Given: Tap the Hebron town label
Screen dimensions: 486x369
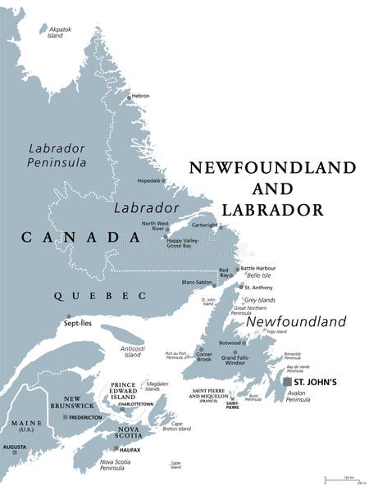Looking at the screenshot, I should pyautogui.click(x=140, y=96).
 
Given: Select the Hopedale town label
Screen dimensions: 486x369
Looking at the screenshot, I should pyautogui.click(x=149, y=180).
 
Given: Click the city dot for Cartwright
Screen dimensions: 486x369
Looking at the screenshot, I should pyautogui.click(x=219, y=228).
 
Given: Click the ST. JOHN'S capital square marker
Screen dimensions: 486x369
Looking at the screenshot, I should pyautogui.click(x=285, y=382).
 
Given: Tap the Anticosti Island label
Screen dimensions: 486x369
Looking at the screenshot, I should pyautogui.click(x=133, y=350).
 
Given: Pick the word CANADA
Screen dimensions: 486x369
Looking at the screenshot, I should pyautogui.click(x=80, y=238).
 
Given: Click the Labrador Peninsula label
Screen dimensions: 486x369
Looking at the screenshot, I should pyautogui.click(x=57, y=155).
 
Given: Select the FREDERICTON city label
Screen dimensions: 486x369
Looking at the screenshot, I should pyautogui.click(x=86, y=417).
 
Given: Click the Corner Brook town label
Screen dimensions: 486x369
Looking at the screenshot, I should pyautogui.click(x=204, y=357).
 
